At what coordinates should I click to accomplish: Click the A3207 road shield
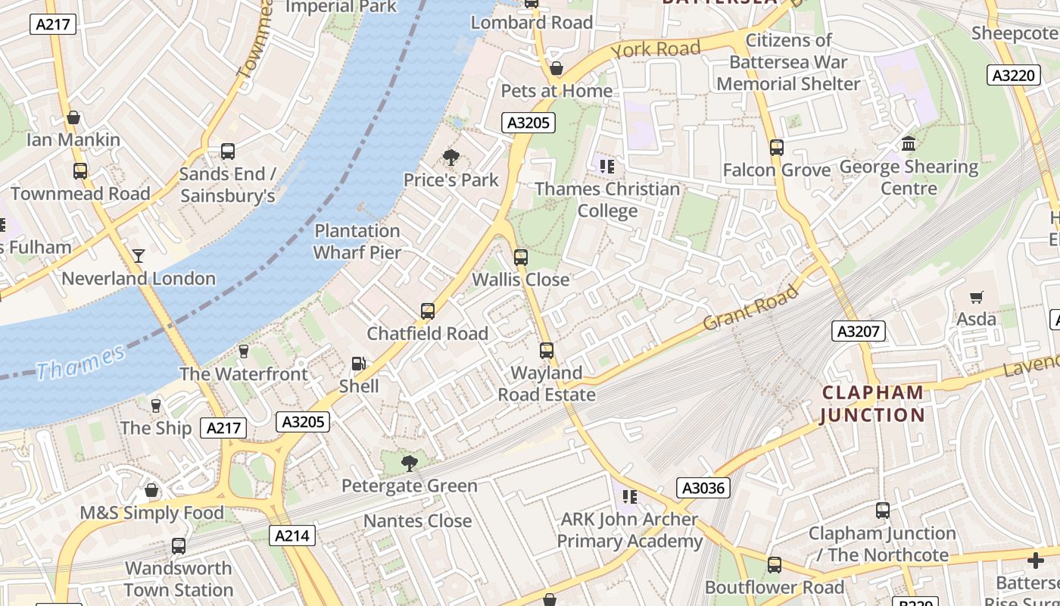[x=859, y=331]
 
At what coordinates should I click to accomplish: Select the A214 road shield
[x=292, y=536]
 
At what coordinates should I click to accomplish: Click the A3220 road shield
[x=1013, y=76]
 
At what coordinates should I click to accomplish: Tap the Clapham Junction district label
[x=872, y=404]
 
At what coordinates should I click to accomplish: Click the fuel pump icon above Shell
[x=359, y=364]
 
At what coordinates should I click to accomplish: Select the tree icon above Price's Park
[x=451, y=158]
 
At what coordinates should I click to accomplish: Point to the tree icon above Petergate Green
[x=410, y=463]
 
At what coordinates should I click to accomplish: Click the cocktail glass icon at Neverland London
[x=139, y=256]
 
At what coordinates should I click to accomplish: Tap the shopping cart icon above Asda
[x=977, y=298]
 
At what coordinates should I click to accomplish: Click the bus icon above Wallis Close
[x=521, y=258]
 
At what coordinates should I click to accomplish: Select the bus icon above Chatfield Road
[x=428, y=311]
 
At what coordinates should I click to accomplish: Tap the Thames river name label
[x=80, y=362]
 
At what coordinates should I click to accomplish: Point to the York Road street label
[x=655, y=50]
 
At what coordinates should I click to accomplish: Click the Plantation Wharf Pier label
[x=357, y=241]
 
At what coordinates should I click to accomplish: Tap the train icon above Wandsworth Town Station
[x=179, y=546]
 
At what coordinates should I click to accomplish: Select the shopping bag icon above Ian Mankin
[x=73, y=117]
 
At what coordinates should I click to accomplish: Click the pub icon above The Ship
[x=156, y=406]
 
